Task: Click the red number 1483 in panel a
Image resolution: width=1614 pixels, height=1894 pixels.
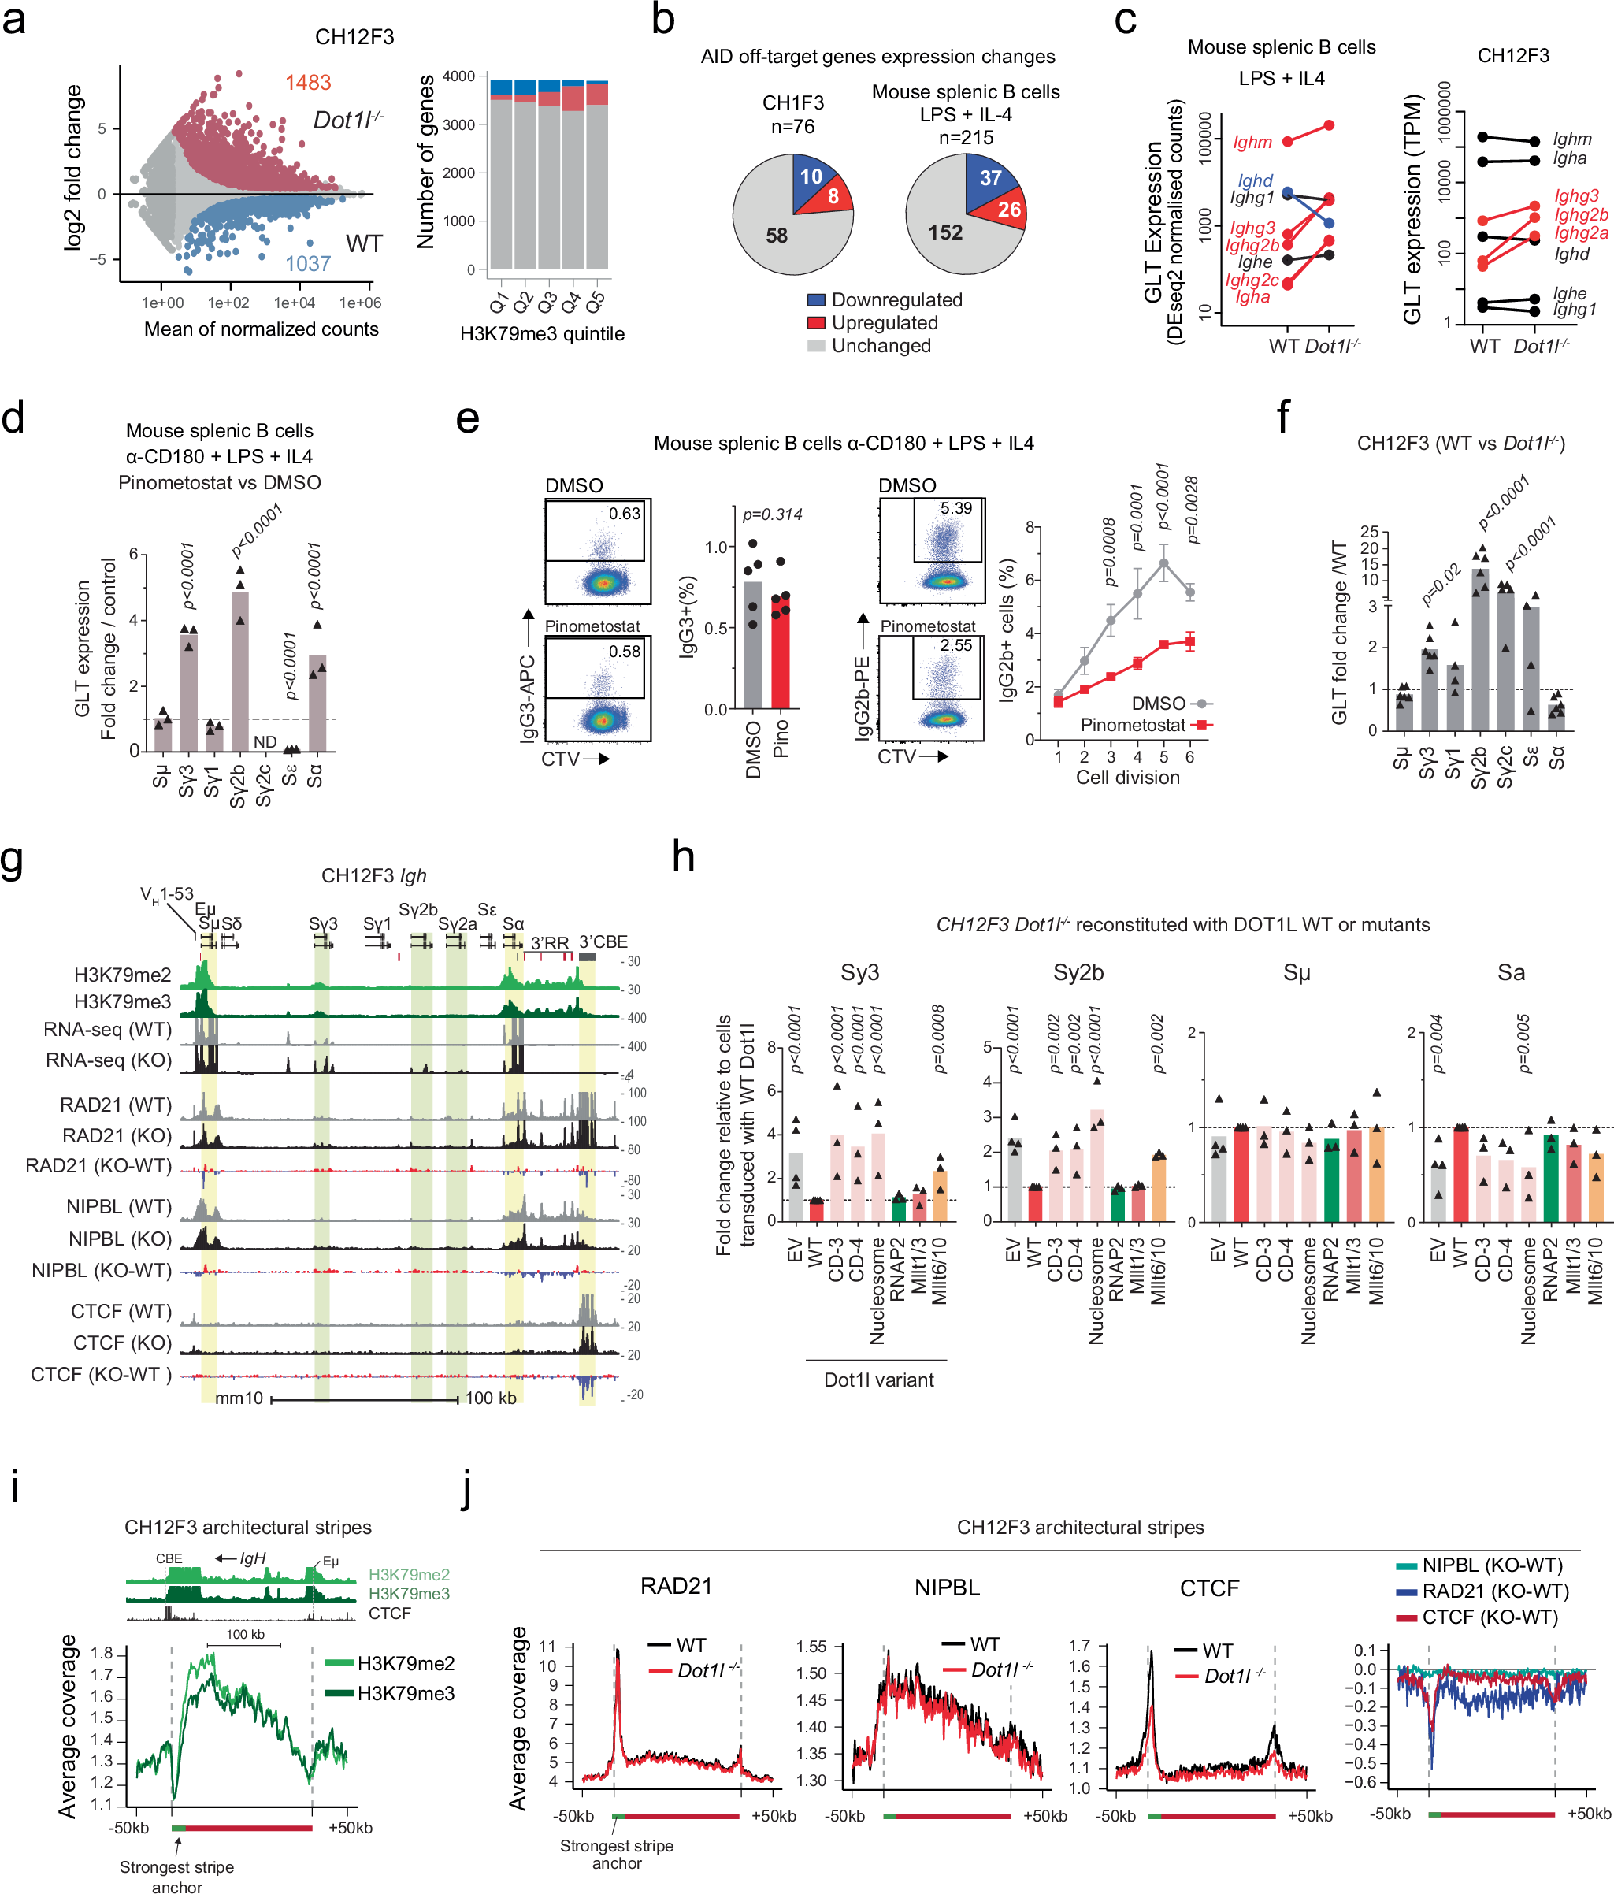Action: pos(307,82)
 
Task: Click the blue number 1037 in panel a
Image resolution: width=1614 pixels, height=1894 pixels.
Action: pos(307,263)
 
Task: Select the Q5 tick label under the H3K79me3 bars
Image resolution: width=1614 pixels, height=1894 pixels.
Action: pos(595,301)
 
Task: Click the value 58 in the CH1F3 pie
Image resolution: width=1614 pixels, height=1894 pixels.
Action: pos(776,236)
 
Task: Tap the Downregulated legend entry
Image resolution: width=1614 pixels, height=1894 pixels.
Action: pos(896,300)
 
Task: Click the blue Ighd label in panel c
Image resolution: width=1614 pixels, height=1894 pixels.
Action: pos(1255,181)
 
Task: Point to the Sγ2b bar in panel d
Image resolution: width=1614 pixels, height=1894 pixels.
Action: pos(240,672)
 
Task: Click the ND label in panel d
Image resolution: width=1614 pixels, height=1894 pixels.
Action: pos(265,741)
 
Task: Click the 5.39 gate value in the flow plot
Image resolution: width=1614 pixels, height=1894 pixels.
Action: pos(956,508)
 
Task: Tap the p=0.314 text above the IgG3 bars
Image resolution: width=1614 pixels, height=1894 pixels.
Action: pos(772,514)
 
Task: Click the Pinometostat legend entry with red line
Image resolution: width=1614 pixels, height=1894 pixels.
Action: pos(1134,725)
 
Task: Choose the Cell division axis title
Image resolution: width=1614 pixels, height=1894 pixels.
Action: pos(1127,777)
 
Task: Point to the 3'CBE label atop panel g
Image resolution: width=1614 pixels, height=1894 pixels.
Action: pos(603,941)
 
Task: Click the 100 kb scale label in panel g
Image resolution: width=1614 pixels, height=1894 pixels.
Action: pos(491,1398)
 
